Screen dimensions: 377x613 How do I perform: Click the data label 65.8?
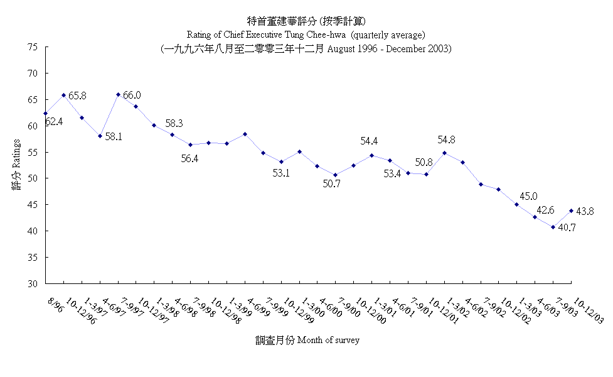click(x=77, y=96)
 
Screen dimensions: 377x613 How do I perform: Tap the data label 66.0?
click(x=132, y=96)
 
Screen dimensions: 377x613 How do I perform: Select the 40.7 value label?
click(x=567, y=228)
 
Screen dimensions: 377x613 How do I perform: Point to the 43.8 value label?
click(x=586, y=212)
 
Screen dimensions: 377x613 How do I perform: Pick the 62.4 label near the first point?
click(x=53, y=121)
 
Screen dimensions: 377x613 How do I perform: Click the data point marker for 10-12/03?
click(x=571, y=210)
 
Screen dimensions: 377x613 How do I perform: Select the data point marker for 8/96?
click(x=45, y=114)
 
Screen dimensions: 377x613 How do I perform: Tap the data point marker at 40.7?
click(x=553, y=227)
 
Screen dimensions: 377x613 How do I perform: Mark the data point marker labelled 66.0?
click(x=118, y=95)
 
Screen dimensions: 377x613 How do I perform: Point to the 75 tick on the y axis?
click(x=33, y=47)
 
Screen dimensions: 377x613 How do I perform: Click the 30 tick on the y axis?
click(x=33, y=283)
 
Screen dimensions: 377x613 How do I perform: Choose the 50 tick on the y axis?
click(x=33, y=178)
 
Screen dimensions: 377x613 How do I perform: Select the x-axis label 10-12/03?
click(x=589, y=310)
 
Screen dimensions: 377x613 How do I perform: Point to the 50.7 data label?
click(x=333, y=184)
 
